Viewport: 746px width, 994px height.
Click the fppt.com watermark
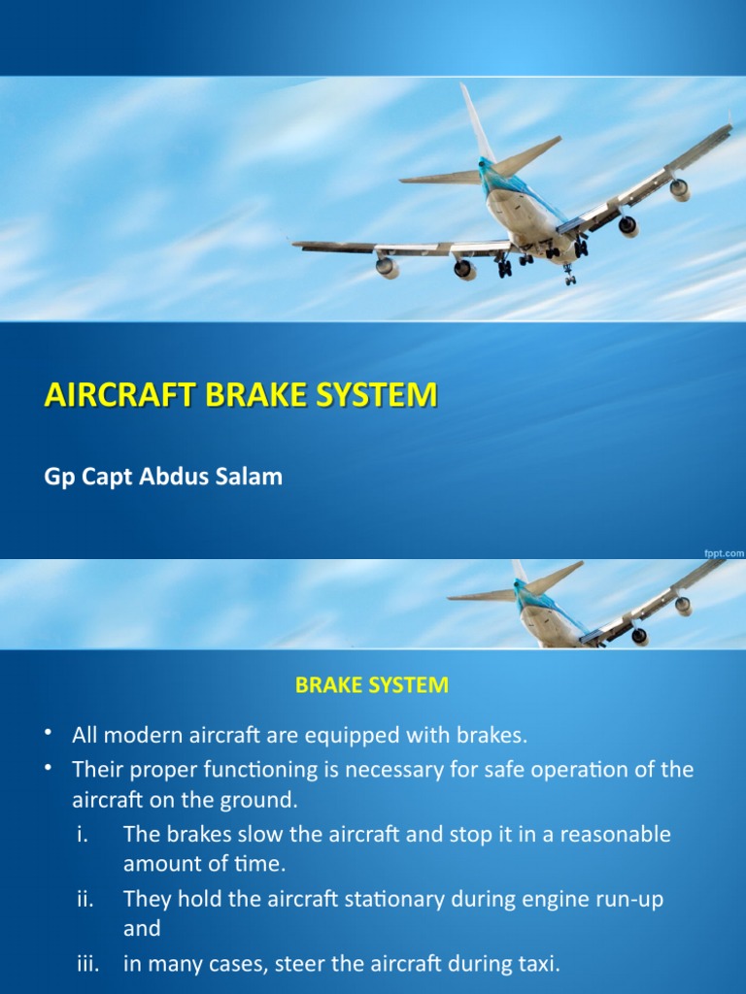pyautogui.click(x=724, y=551)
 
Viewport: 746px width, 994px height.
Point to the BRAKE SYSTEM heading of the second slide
pyautogui.click(x=372, y=684)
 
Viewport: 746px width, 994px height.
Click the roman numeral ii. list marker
pyautogui.click(x=85, y=899)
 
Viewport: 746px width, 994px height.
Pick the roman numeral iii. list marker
pyautogui.click(x=85, y=965)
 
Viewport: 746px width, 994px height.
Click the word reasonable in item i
pyautogui.click(x=614, y=835)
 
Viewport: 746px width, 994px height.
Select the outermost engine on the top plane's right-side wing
pyautogui.click(x=680, y=189)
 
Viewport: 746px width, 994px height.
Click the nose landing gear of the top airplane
pyautogui.click(x=569, y=277)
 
